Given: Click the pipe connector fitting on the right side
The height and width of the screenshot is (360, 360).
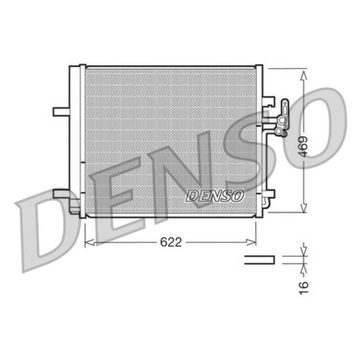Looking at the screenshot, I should (283, 112).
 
